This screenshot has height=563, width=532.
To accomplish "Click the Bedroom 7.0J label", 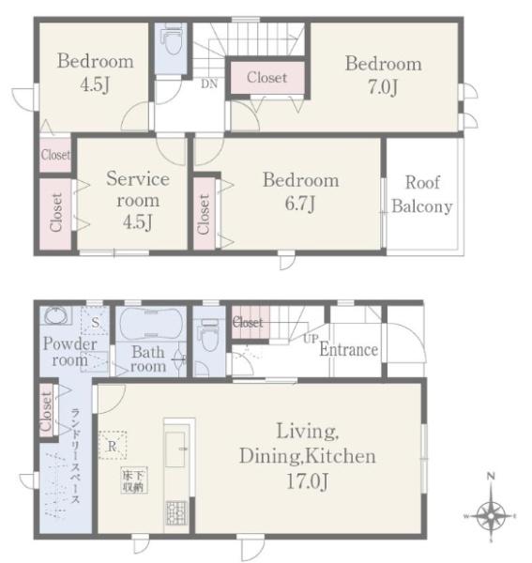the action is (384, 75).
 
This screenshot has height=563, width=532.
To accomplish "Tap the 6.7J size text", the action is (300, 204).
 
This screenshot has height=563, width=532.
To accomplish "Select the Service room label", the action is (138, 189).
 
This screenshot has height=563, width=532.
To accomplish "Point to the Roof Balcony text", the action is (422, 194).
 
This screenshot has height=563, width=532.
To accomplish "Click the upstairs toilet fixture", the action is (173, 38).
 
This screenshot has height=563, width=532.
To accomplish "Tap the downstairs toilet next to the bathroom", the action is (210, 335).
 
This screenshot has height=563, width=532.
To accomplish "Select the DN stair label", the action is (209, 84).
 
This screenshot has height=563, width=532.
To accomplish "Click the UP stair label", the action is (311, 338).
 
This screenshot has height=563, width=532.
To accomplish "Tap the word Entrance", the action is (348, 350).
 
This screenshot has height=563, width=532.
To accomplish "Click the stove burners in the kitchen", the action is (176, 512).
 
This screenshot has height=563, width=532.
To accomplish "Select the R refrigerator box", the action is (113, 445).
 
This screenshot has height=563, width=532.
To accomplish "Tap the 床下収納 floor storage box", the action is (134, 480).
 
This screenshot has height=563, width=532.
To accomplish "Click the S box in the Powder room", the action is (95, 321).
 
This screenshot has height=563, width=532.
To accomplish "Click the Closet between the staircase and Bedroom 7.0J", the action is (267, 78).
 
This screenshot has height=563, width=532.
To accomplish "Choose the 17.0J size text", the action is (307, 481).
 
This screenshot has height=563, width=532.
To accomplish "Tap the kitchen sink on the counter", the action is (175, 449).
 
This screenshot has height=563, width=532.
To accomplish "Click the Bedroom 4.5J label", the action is (95, 72).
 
